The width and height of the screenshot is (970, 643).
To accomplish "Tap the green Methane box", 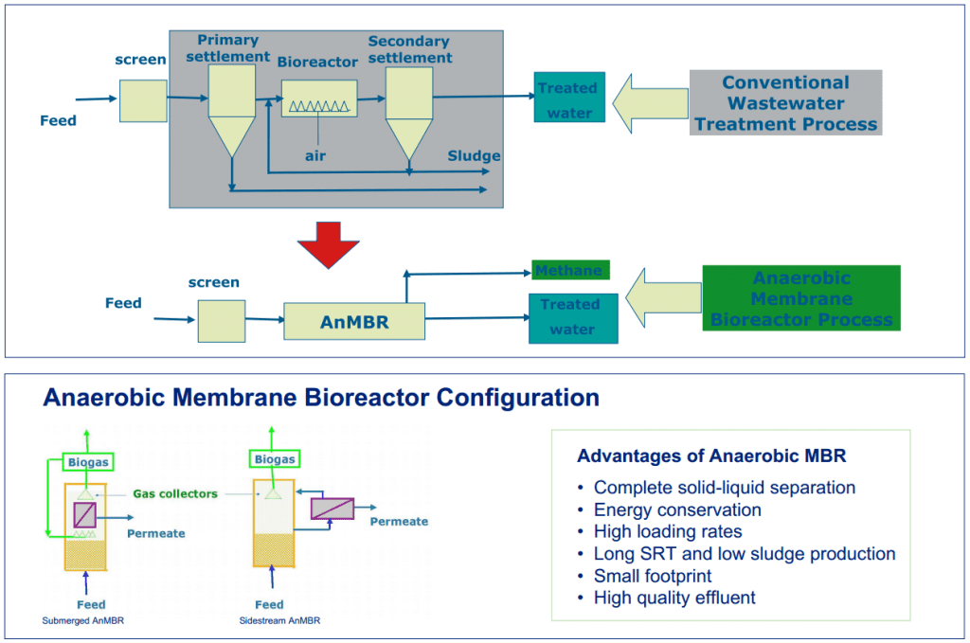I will point(568,271).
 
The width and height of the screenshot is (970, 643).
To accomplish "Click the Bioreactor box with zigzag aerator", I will point(319,98).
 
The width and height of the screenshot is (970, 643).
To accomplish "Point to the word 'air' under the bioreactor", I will point(314,155).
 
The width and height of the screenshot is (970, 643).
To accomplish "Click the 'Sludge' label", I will point(474,155).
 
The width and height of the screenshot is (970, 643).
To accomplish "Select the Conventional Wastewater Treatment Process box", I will point(785,102).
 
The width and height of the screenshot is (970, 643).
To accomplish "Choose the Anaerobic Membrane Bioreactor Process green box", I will point(800,298).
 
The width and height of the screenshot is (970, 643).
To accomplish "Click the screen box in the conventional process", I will point(143,101).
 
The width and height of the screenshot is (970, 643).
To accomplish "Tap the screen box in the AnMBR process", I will point(221,321).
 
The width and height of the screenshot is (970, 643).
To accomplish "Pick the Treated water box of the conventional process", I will point(568,99).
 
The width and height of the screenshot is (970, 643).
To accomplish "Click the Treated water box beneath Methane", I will point(572,317).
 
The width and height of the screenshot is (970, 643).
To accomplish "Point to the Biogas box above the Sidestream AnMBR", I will point(273,459).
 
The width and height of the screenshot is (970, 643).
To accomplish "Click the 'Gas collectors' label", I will point(175,493).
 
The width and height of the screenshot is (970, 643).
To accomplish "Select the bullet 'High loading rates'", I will point(667,531).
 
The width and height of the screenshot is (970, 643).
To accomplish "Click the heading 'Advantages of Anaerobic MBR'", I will point(711,456).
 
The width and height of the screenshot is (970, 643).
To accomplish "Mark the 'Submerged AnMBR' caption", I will point(84,621).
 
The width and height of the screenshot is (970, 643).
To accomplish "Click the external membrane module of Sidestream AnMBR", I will point(332,509).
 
